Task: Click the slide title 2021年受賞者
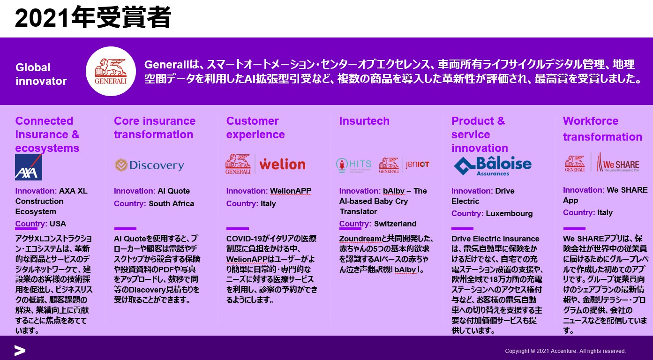[x=93, y=17]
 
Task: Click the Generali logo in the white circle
[x=111, y=71]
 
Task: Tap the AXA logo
[x=29, y=167]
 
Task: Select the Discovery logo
[x=149, y=165]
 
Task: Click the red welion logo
[x=282, y=165]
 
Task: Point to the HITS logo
[x=353, y=165]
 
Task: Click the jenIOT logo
[x=417, y=165]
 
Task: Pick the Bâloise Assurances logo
[x=493, y=166]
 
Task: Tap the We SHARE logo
[x=618, y=163]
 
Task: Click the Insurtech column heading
[x=364, y=120]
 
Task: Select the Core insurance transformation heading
[x=155, y=127]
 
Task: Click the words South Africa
[x=172, y=203]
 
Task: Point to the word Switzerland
[x=395, y=224]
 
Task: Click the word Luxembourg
[x=509, y=213]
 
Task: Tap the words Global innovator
[x=41, y=74]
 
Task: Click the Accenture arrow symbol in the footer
[x=20, y=351]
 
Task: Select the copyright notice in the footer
[x=565, y=351]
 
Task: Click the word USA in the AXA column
[x=58, y=224]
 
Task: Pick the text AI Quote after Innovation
[x=173, y=191]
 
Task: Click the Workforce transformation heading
[x=602, y=128]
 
